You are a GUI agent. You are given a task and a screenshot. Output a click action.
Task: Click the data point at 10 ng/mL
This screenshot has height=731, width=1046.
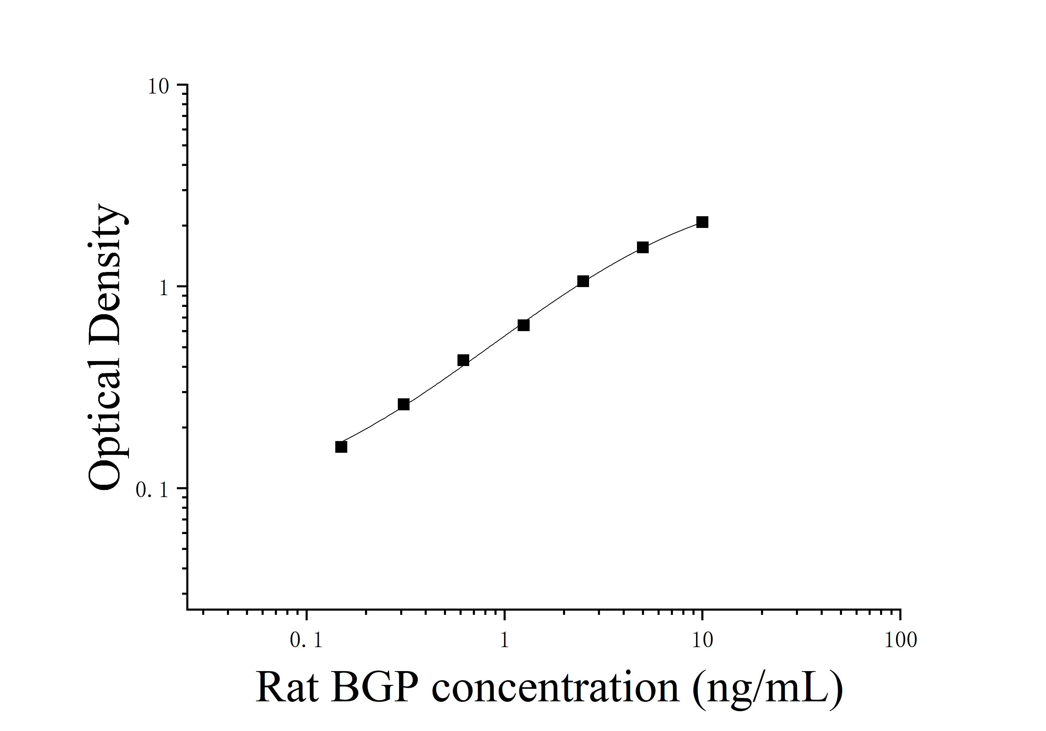coord(702,222)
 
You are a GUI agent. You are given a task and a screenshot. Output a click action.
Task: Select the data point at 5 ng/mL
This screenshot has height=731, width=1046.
coord(642,247)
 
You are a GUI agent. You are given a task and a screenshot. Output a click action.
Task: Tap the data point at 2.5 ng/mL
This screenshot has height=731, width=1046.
coord(583,281)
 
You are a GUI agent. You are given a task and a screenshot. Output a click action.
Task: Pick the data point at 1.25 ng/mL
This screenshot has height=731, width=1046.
coord(523,325)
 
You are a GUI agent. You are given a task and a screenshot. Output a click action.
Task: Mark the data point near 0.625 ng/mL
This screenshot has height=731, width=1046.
coord(463,360)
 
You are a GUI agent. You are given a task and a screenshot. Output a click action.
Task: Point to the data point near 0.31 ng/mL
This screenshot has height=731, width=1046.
coord(404,404)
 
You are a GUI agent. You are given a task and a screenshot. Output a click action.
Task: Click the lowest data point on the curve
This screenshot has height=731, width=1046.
coord(341,447)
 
